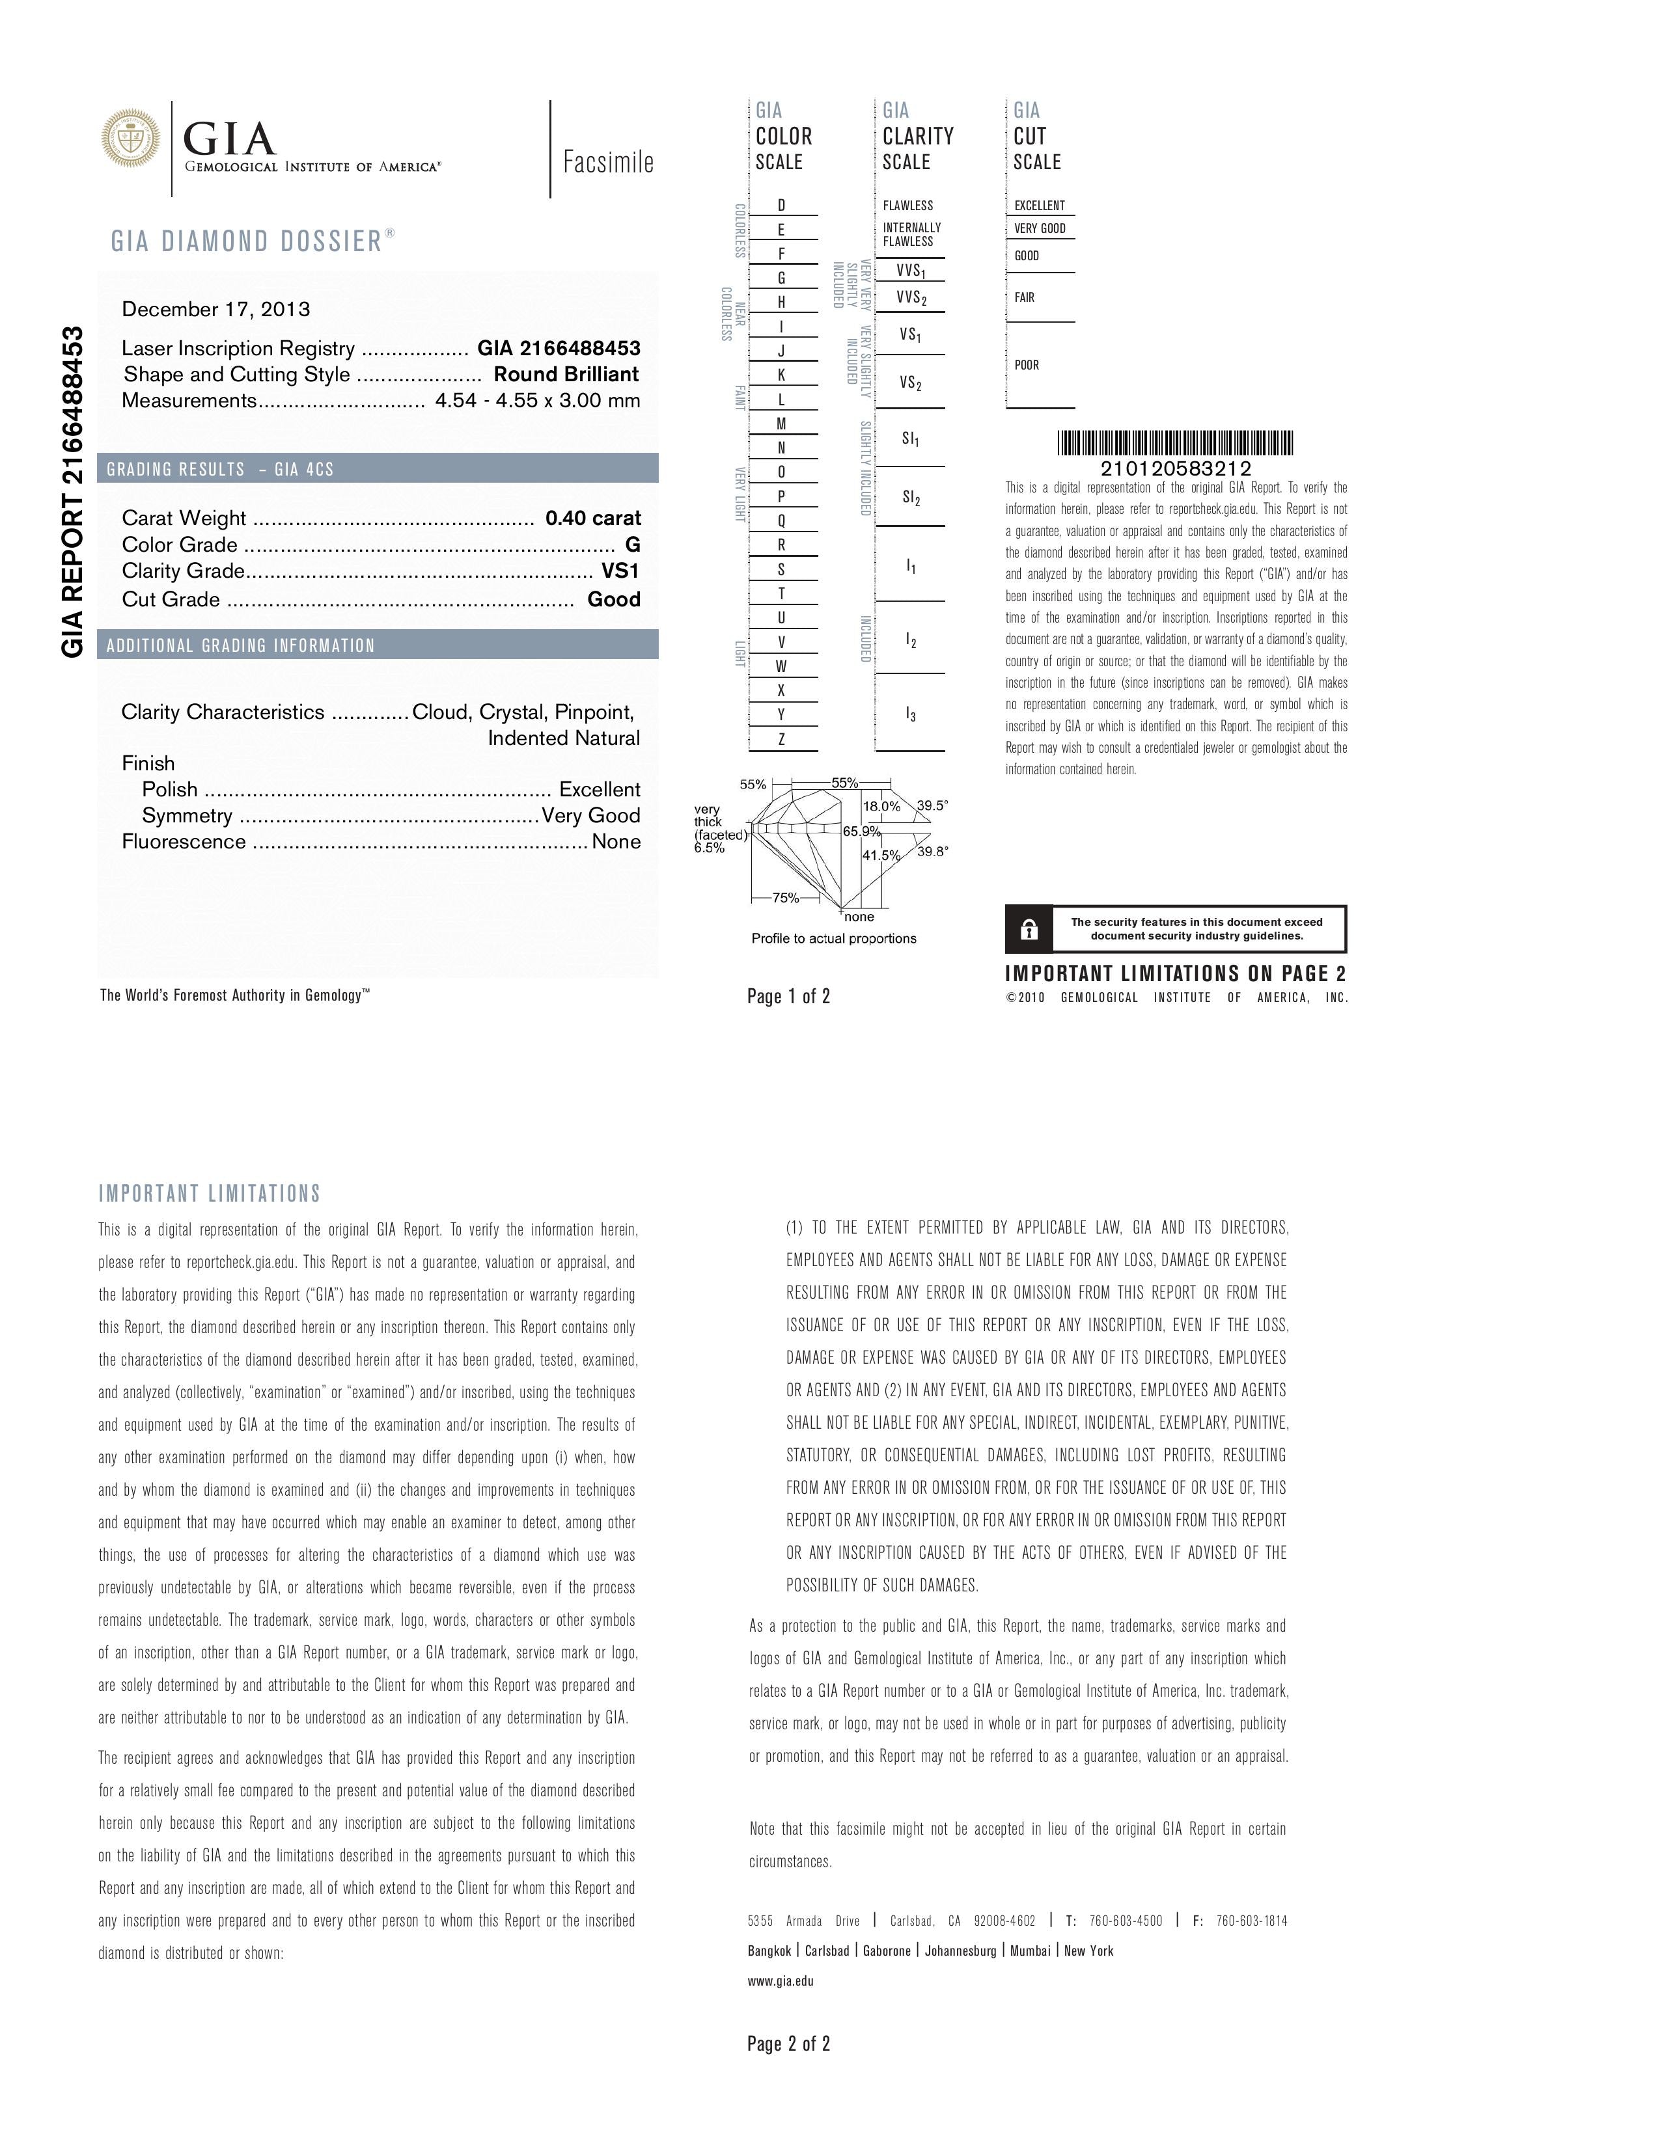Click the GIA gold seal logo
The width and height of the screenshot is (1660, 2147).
(131, 138)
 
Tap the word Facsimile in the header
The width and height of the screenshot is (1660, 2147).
(608, 162)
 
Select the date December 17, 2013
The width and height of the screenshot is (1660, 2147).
(215, 310)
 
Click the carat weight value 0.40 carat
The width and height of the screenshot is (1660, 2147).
(593, 518)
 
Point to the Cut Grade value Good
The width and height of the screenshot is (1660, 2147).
(614, 599)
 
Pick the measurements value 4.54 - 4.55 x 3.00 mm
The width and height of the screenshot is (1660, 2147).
(537, 400)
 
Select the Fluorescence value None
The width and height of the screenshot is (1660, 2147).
(616, 841)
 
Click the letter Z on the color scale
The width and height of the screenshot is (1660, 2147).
(782, 739)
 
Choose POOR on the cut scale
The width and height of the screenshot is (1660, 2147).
(1027, 365)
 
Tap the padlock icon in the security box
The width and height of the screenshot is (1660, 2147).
(1029, 929)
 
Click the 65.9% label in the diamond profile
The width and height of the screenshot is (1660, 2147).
(861, 831)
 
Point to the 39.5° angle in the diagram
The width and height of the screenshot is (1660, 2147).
(932, 805)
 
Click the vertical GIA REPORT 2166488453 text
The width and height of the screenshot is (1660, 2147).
(73, 491)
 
